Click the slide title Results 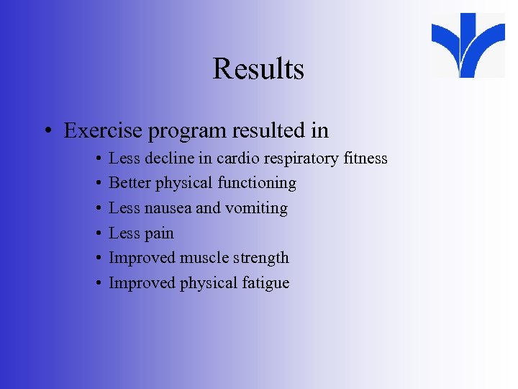[258, 69]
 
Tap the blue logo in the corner [468, 45]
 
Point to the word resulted [266, 130]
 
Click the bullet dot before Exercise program [46, 132]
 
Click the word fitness [365, 158]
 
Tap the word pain [158, 233]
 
